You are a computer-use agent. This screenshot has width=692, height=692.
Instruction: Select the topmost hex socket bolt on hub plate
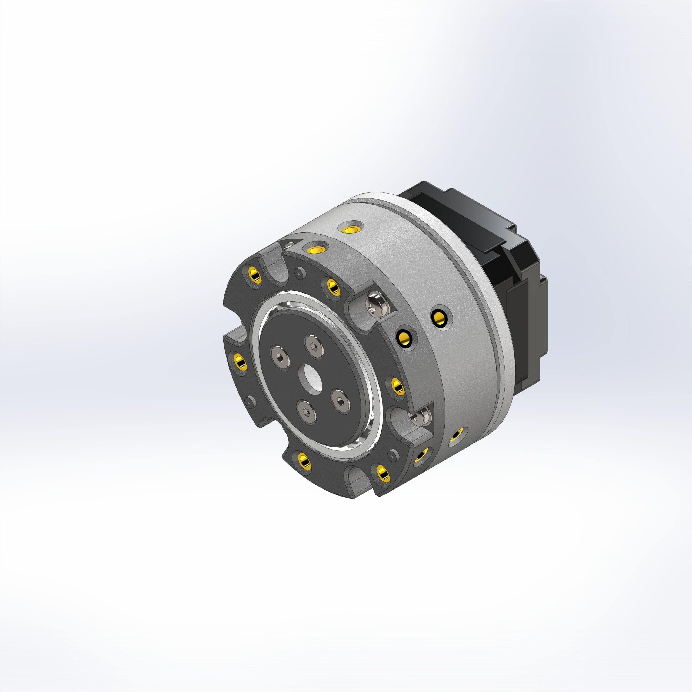(x=314, y=346)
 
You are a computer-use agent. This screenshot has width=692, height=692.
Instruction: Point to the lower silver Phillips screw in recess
(x=420, y=417)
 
